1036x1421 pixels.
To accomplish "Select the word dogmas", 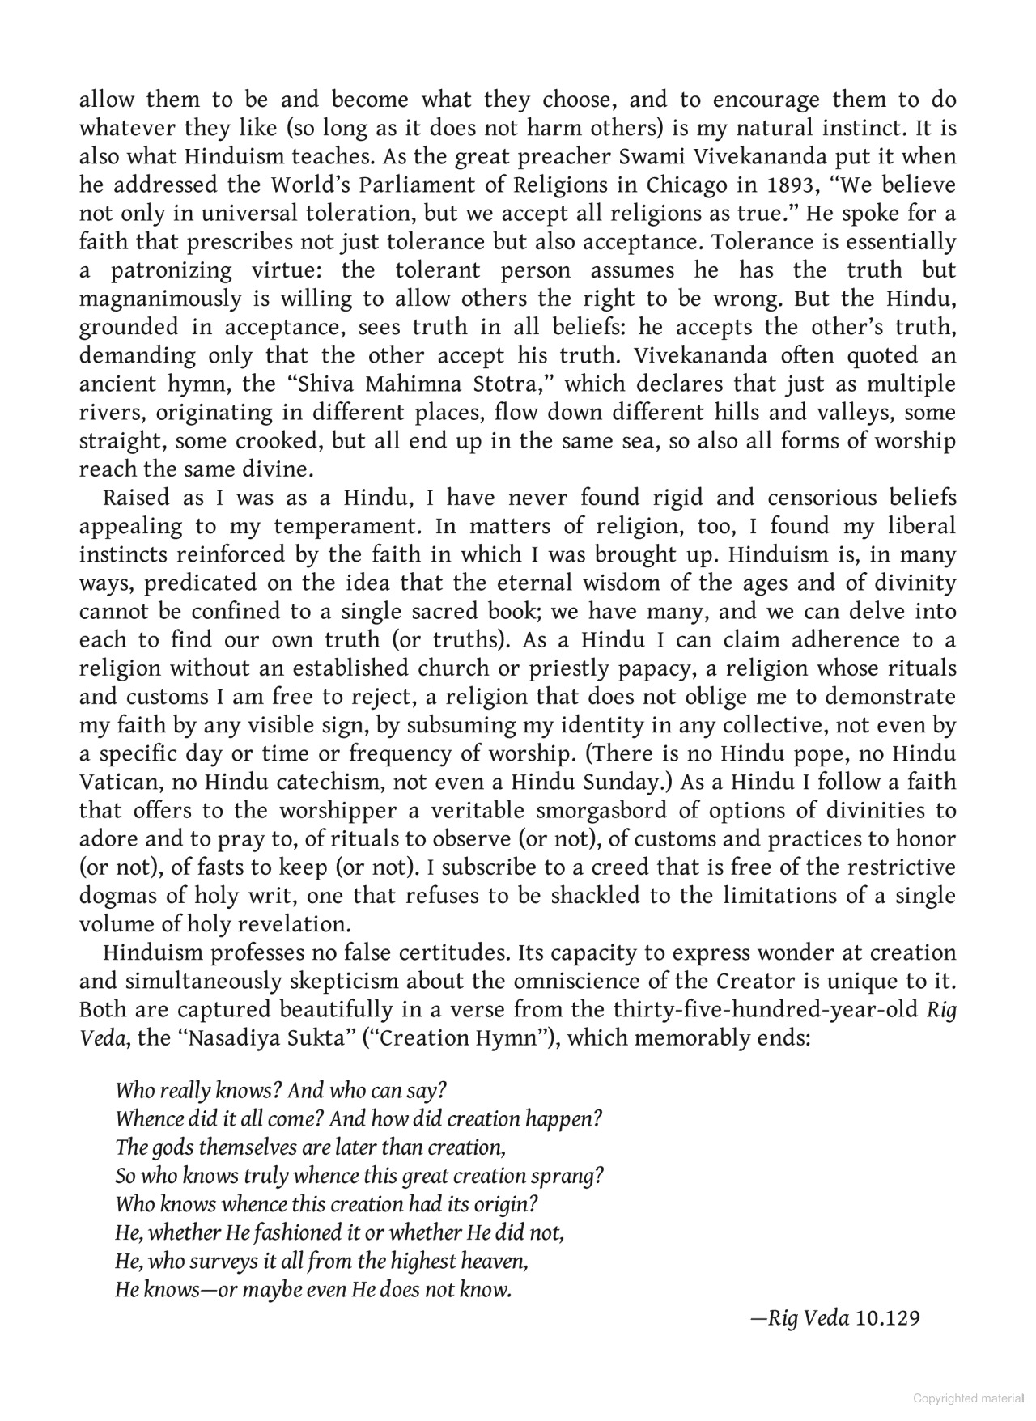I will click(113, 897).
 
